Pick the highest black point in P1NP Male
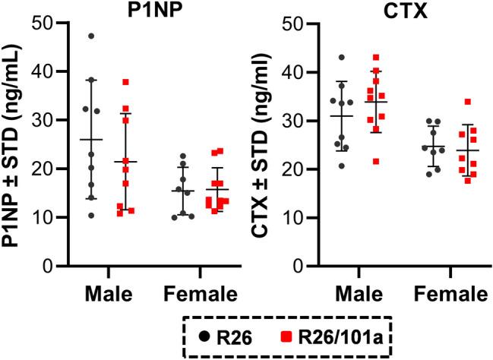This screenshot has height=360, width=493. pyautogui.click(x=92, y=36)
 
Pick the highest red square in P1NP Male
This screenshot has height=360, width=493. pyautogui.click(x=126, y=82)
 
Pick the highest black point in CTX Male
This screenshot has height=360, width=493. pyautogui.click(x=342, y=58)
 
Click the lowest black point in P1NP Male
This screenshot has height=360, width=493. pyautogui.click(x=92, y=216)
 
